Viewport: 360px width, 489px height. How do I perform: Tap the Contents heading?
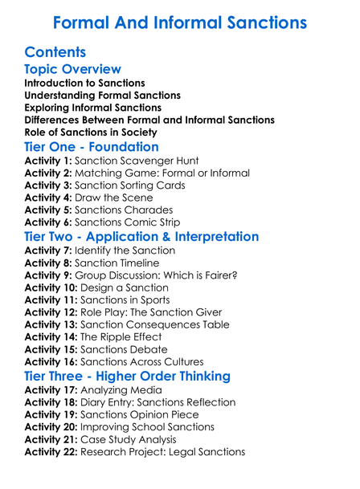55,52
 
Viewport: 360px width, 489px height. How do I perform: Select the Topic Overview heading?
73,69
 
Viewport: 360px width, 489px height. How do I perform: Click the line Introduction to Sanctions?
84,83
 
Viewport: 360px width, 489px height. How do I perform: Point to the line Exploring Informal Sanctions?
92,108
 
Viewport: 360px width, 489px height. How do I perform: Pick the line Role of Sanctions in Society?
91,132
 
